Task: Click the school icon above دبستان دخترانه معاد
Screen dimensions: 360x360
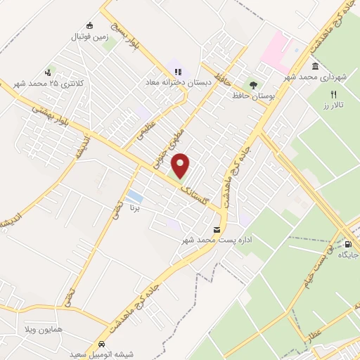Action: pyautogui.click(x=178, y=71)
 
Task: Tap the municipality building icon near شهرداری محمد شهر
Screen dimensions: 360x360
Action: pyautogui.click(x=314, y=67)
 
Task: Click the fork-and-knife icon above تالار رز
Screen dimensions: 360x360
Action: pyautogui.click(x=334, y=94)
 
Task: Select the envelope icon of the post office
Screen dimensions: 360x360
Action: pyautogui.click(x=216, y=230)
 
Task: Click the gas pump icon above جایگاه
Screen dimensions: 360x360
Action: pyautogui.click(x=348, y=244)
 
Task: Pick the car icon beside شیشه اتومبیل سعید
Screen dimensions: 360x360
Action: pyautogui.click(x=103, y=345)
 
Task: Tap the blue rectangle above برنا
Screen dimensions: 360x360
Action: pyautogui.click(x=135, y=195)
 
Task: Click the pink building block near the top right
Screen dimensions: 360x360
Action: pyautogui.click(x=276, y=48)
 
